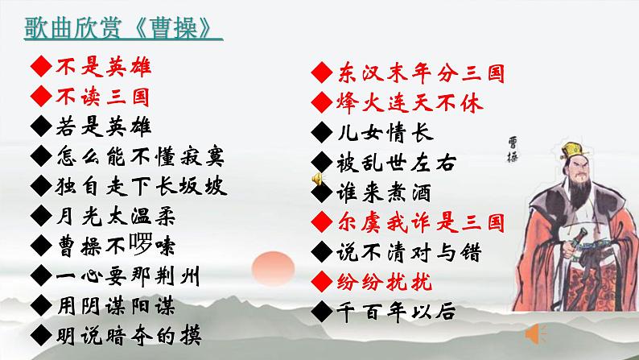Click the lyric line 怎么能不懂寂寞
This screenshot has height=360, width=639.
[x=141, y=155]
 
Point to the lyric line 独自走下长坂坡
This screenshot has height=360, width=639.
[x=141, y=185]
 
